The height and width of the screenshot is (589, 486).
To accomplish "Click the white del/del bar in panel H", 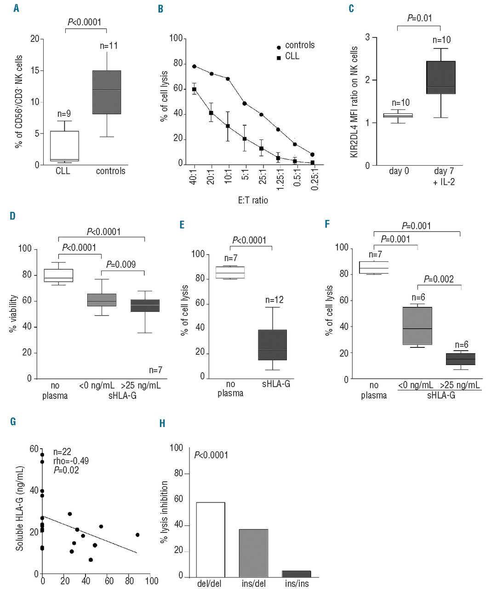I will point(211,539).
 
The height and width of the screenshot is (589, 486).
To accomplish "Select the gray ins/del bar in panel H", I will point(253,553).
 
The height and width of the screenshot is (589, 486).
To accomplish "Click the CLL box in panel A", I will point(64,146).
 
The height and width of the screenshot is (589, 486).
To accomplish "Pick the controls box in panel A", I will point(107,92).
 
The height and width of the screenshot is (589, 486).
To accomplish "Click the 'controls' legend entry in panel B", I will point(299,45).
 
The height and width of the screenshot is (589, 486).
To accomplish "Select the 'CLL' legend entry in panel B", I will point(292,56).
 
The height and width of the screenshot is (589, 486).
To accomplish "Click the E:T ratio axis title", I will point(250,200).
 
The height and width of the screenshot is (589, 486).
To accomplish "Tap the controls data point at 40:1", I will point(194,66).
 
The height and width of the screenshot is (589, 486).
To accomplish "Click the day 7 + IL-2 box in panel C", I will point(440,77).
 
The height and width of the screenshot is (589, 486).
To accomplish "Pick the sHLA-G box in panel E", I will point(273,345).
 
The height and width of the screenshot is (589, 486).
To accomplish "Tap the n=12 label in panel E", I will point(274,300).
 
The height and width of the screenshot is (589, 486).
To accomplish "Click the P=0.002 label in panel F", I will point(439,279).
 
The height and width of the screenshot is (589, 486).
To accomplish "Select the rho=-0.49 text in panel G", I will point(71,461).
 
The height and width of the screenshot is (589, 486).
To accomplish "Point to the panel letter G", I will point(13,421).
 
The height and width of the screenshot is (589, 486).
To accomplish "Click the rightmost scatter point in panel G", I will point(137,535).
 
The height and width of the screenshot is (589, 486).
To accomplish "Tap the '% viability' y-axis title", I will point(14,314).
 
